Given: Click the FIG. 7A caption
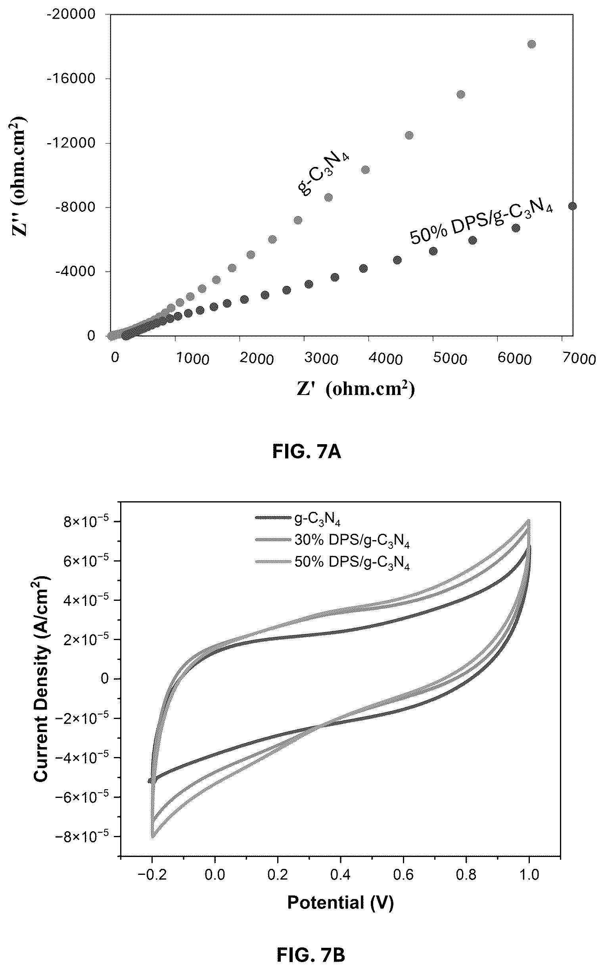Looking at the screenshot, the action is click(307, 452).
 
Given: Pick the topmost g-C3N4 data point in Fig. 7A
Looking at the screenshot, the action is click(532, 44).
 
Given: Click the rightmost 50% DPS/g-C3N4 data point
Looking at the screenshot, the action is click(572, 206).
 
